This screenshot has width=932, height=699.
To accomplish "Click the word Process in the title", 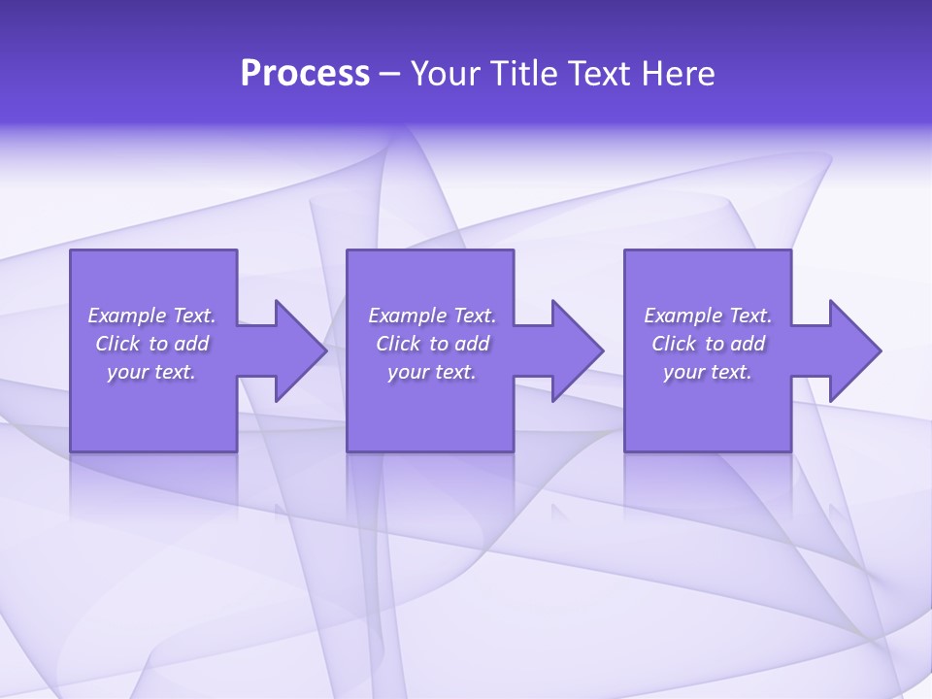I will [305, 74].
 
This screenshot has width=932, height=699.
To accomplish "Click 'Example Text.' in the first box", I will [151, 316].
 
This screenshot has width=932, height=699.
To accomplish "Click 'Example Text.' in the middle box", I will [432, 316].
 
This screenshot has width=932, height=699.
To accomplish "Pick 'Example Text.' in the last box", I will [708, 316].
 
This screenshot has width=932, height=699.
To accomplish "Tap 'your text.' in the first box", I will [151, 372].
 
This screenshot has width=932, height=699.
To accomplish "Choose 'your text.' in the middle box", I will [432, 372].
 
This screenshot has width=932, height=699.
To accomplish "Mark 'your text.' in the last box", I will [708, 372].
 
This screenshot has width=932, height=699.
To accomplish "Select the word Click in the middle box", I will [398, 344].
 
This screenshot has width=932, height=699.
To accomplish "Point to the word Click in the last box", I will [674, 344].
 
